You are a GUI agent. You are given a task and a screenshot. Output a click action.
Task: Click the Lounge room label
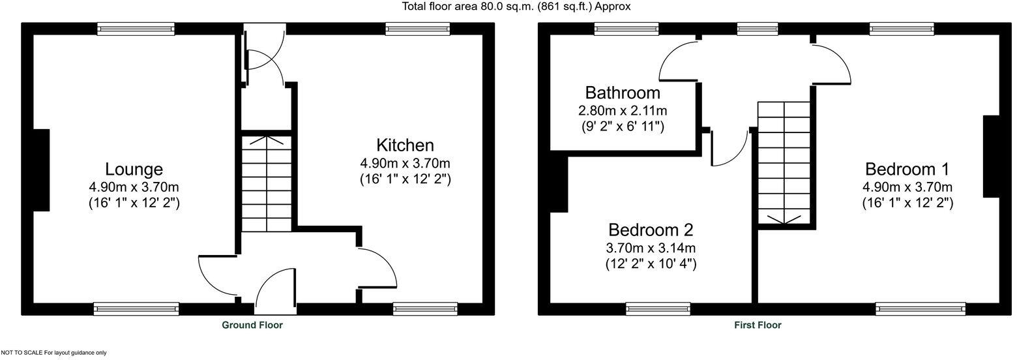point(134,170)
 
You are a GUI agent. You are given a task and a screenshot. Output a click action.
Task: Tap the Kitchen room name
point(405,145)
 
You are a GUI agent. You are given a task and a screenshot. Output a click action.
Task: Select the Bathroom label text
point(623,93)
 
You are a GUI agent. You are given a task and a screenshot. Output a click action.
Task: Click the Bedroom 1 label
point(907,170)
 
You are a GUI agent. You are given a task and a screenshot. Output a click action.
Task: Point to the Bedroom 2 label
point(651,230)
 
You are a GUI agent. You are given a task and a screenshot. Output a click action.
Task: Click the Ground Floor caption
point(252,325)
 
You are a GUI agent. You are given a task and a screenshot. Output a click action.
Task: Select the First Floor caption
point(757,325)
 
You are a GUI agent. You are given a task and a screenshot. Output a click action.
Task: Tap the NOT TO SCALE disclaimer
point(53,353)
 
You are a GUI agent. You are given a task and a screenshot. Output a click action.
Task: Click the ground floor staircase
point(267,183)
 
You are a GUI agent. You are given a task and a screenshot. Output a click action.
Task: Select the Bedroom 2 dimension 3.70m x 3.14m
point(651,248)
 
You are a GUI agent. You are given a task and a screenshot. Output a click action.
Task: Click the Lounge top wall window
point(136,29)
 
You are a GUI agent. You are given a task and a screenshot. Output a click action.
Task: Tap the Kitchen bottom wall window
point(425,308)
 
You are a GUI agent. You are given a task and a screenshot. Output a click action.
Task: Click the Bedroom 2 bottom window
point(658,308)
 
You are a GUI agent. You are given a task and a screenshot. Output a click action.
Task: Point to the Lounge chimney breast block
point(40,170)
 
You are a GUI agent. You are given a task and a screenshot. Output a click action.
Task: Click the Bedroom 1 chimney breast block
point(991,157)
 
